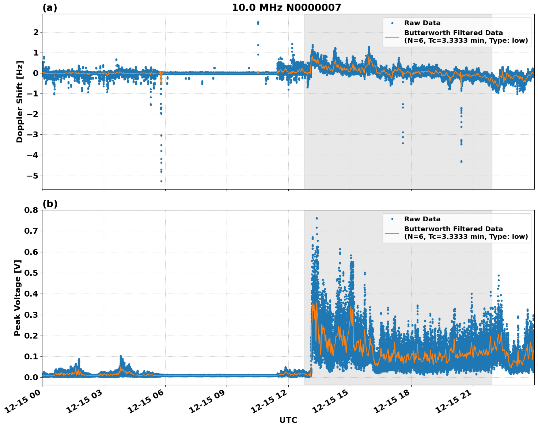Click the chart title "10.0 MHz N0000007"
[287, 8]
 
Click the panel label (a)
[50, 8]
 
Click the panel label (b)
[50, 204]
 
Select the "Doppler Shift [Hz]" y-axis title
[20, 102]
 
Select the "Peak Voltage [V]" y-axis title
[17, 298]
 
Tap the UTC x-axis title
[288, 420]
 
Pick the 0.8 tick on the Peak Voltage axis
[31, 210]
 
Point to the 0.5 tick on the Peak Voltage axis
[31, 273]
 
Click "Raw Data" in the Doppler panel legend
[422, 23]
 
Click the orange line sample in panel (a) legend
[392, 37]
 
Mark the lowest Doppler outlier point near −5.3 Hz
[161, 181]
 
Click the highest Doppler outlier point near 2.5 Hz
[258, 22]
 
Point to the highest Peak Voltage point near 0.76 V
[317, 218]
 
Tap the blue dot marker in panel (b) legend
[392, 219]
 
